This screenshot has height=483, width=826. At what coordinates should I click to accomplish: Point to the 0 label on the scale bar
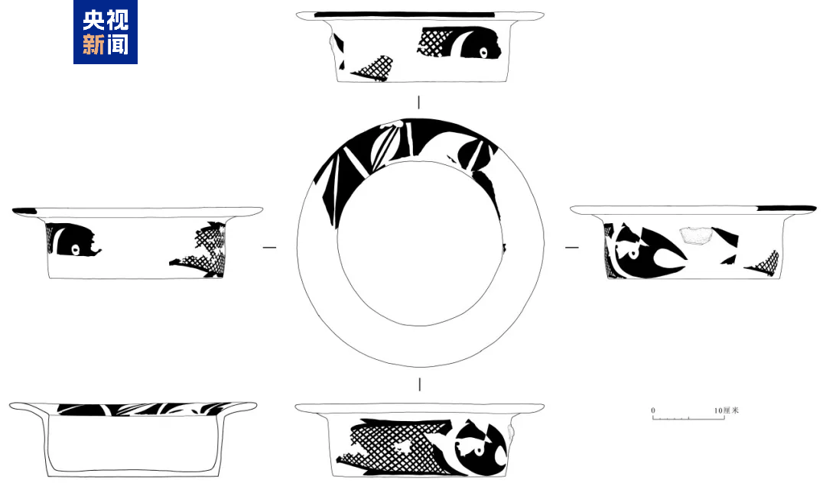653,410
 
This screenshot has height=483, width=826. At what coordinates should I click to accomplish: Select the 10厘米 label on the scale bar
727,410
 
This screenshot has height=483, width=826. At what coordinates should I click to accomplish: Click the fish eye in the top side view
483,52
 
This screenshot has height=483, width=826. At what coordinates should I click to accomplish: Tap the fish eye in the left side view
75,249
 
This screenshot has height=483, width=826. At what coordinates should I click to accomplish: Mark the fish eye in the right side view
633,253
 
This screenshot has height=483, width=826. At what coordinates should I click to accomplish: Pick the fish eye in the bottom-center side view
479,452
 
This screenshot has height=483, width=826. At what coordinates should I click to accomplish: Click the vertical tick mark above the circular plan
419,102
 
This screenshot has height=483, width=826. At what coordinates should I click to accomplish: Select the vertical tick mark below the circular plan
419,384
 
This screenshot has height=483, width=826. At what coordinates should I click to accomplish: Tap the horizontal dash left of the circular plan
269,248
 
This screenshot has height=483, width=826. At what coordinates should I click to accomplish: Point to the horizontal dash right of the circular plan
572,248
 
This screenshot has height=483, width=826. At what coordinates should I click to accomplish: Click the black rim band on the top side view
405,15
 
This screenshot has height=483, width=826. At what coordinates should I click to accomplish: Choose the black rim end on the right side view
786,209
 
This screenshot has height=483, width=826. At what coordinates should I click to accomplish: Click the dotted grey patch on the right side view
696,235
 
